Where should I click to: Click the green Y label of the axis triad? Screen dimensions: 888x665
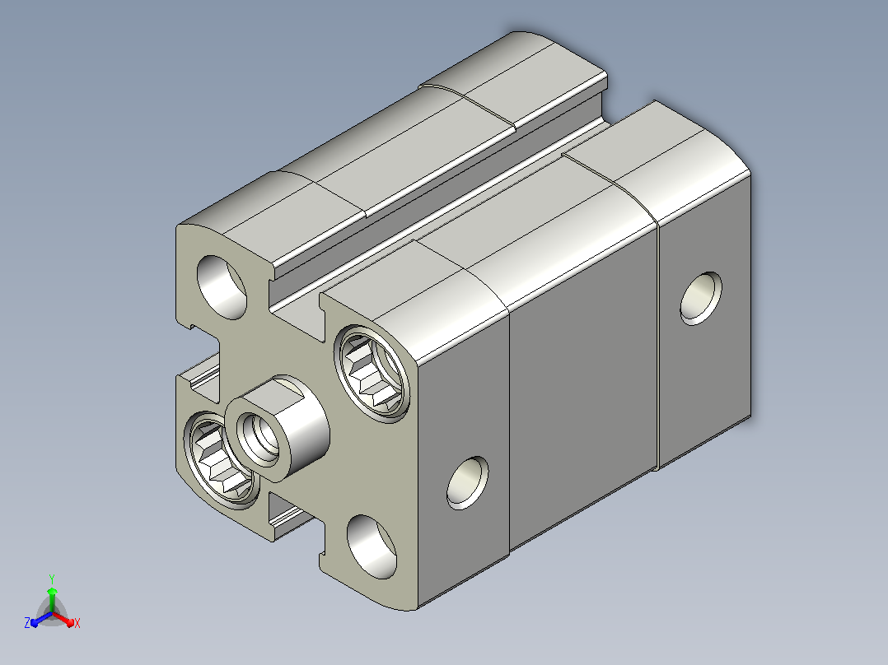pos(52,579)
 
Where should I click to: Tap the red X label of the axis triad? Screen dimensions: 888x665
pos(77,623)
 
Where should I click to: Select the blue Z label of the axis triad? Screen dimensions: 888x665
pos(27,622)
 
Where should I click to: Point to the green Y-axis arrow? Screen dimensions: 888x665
pos(52,599)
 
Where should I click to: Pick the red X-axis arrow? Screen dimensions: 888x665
pos(64,618)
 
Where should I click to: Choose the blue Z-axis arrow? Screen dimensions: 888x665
pos(41,619)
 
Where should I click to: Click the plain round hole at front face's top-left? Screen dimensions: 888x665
pos(222,287)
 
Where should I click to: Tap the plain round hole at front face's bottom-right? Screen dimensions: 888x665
pos(372,546)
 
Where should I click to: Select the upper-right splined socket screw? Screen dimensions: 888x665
pos(372,374)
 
